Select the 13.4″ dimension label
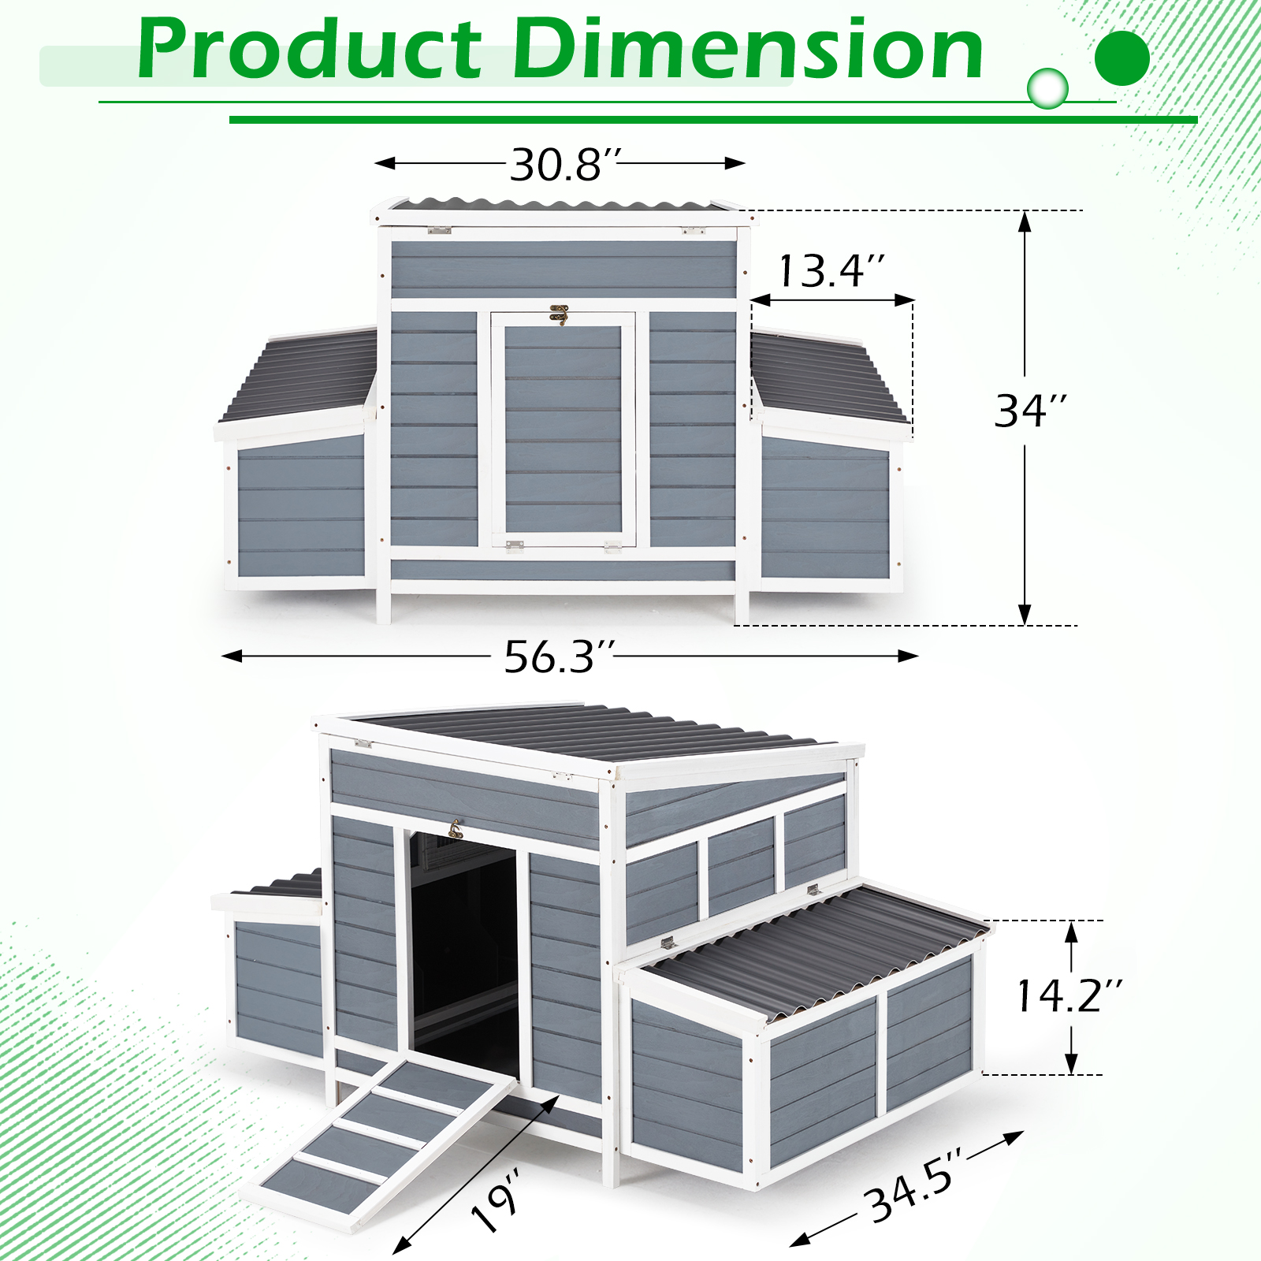831,271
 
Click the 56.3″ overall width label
559,657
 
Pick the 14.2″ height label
1069,995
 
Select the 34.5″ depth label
914,1185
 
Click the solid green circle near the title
1122,58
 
